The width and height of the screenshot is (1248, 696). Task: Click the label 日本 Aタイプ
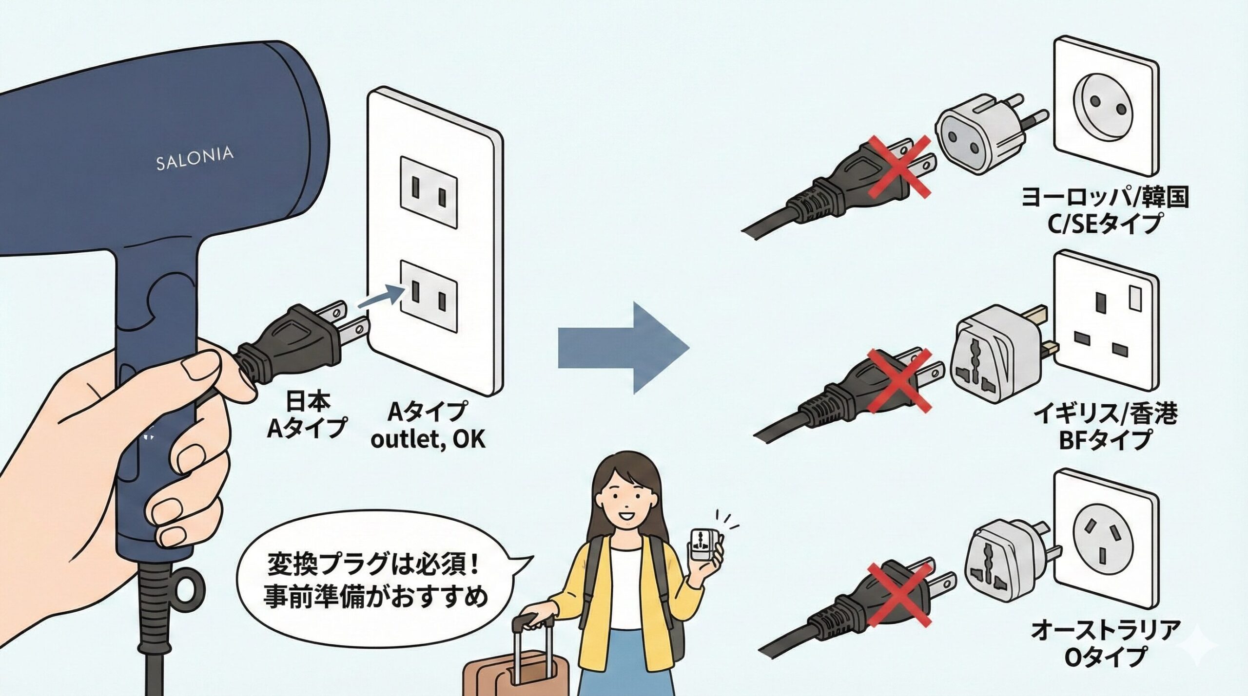coord(307,414)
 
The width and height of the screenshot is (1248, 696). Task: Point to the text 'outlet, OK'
coord(428,439)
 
